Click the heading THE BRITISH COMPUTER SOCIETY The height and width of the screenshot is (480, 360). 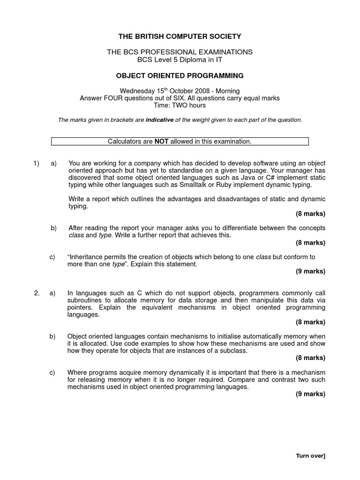[x=180, y=36]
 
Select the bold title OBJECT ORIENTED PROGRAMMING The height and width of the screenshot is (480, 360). [x=180, y=75]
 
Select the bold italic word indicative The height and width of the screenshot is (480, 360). [x=159, y=120]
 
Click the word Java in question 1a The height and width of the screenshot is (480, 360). [x=253, y=178]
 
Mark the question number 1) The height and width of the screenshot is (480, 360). [x=37, y=163]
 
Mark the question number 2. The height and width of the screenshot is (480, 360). [x=37, y=293]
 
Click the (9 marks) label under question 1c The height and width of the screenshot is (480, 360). [x=310, y=271]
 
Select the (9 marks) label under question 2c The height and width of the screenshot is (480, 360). [x=310, y=394]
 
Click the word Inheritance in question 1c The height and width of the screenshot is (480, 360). [x=89, y=257]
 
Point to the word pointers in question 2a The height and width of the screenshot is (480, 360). [x=80, y=308]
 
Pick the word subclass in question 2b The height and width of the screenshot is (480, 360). [x=233, y=351]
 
